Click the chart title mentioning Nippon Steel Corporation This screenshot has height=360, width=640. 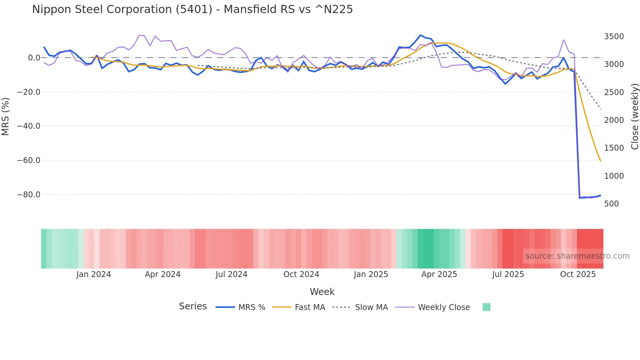(192, 9)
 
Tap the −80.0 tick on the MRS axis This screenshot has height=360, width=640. (29, 195)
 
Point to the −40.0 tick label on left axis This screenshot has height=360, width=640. (29, 126)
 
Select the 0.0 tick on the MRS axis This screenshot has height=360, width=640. (34, 58)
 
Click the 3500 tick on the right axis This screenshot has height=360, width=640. (614, 37)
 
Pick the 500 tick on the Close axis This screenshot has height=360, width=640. (612, 204)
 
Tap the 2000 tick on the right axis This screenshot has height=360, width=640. (614, 120)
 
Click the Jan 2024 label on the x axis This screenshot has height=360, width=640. (94, 274)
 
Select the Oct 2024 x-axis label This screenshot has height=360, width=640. (301, 274)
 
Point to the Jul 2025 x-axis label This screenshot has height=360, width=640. (508, 274)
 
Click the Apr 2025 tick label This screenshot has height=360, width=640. (439, 274)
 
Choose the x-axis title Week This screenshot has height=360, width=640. (322, 292)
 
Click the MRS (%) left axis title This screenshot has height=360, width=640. (5, 117)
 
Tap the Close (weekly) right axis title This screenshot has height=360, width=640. (634, 117)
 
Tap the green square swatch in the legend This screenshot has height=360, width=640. (486, 307)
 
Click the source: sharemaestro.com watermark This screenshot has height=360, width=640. (577, 256)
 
